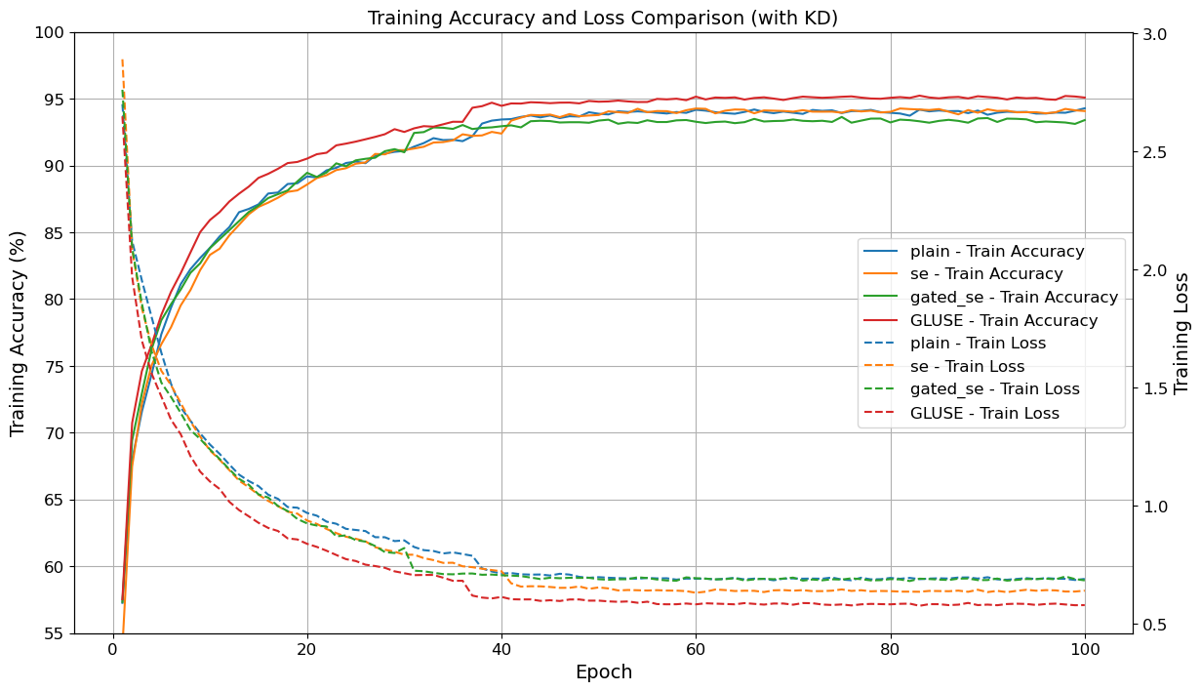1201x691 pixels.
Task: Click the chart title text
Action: pyautogui.click(x=602, y=18)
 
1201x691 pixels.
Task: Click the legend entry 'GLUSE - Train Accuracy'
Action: pyautogui.click(x=1004, y=320)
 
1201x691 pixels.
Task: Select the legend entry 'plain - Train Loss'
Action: pyautogui.click(x=978, y=344)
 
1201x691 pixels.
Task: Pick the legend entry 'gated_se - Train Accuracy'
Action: pyautogui.click(x=1014, y=297)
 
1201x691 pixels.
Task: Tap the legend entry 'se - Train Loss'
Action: pyautogui.click(x=967, y=367)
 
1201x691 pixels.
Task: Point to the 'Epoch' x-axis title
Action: pyautogui.click(x=603, y=672)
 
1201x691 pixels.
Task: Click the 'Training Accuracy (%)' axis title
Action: pyautogui.click(x=18, y=333)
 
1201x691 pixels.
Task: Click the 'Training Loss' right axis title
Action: pyautogui.click(x=1181, y=333)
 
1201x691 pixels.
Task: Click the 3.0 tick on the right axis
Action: pyautogui.click(x=1154, y=33)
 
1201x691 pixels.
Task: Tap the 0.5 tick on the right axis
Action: pyautogui.click(x=1154, y=625)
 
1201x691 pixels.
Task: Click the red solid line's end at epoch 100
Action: pyautogui.click(x=1084, y=98)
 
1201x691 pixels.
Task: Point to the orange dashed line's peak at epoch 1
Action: pyautogui.click(x=122, y=61)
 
